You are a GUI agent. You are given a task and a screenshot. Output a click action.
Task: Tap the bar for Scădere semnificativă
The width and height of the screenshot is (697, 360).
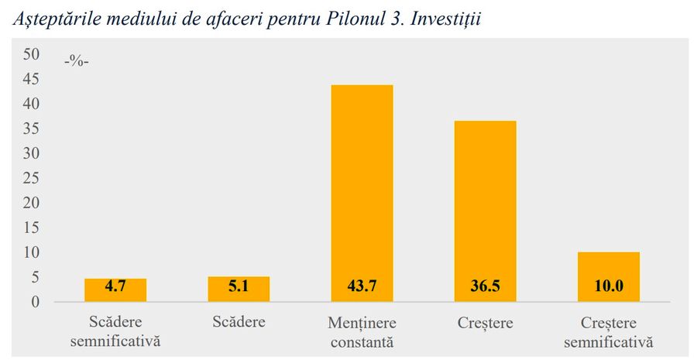(115, 290)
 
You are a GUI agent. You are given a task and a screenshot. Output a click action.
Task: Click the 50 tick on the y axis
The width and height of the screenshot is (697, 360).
(31, 53)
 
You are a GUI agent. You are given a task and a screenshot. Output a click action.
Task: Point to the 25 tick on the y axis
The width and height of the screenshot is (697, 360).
(31, 178)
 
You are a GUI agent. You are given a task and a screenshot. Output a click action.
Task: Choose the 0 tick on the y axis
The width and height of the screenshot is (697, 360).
(35, 302)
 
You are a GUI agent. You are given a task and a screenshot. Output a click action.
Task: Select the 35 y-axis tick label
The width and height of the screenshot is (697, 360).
(31, 129)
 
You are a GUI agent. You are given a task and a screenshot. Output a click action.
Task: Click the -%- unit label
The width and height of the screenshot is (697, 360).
(77, 61)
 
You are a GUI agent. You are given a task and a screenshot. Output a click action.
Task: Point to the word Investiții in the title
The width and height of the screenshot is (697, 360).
(445, 19)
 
